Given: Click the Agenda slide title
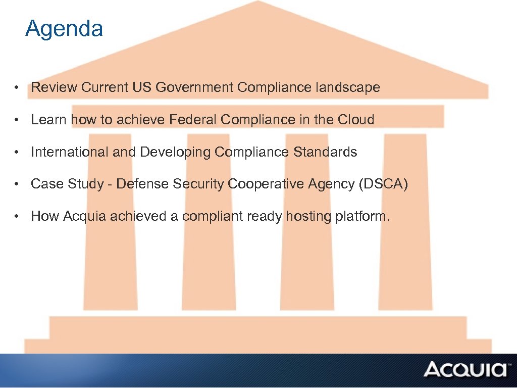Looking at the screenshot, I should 64,29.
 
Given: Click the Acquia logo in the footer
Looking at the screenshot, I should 465,369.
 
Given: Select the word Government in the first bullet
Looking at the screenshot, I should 194,87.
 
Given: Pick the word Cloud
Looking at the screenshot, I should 356,120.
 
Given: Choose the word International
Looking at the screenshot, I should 70,152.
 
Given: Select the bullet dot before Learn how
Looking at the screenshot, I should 17,120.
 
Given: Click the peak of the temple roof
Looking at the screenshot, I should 258,3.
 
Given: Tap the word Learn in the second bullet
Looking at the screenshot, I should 49,120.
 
